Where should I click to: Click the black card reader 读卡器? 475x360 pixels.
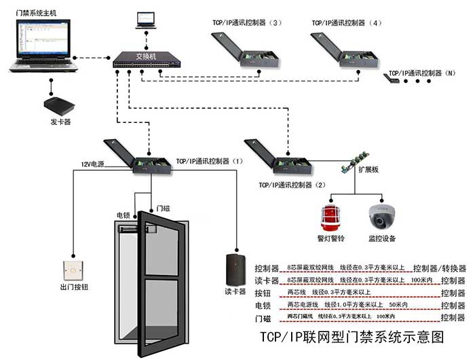point(235,269)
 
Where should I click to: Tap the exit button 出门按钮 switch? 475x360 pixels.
point(72,271)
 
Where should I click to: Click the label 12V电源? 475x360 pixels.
point(93,165)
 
